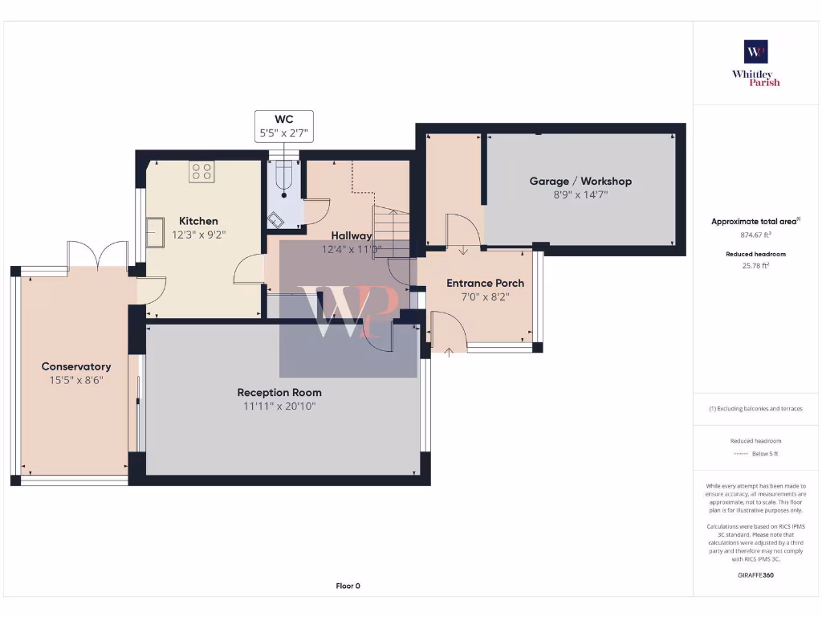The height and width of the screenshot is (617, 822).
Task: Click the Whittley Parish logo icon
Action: coord(756,51)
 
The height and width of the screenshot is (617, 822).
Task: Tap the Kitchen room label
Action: coord(198,221)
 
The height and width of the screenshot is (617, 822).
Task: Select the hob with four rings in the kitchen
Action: coord(201,171)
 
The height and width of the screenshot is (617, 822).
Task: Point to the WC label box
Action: coord(284,126)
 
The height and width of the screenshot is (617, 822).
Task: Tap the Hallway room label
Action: coord(352,235)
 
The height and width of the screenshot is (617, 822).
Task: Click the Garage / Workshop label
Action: coord(580,181)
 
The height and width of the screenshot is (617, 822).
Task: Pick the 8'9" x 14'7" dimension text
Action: coord(580,194)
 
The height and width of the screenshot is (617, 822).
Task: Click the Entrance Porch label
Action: coord(485,283)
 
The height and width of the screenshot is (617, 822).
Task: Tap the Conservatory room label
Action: coord(76,366)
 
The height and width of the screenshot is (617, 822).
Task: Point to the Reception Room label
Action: coord(279,392)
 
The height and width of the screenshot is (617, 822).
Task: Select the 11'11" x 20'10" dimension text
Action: coord(279,407)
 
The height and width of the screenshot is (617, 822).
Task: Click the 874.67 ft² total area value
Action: coord(755,235)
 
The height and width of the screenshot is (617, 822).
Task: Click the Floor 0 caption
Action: coord(348,586)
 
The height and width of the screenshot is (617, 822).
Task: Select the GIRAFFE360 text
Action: coord(755,575)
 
